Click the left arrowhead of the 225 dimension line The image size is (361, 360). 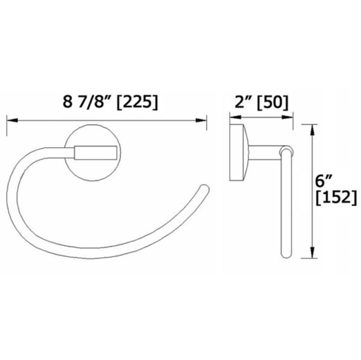point(10,120)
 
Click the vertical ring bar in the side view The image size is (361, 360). point(286,204)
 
